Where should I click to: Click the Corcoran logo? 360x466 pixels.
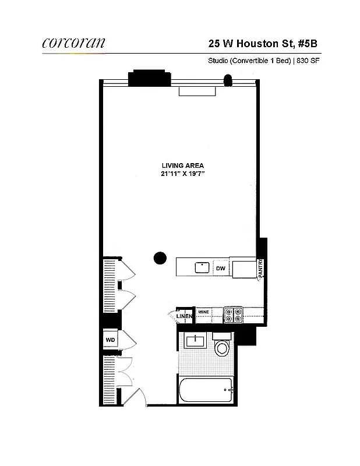coord(73,42)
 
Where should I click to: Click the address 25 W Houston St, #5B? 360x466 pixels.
coord(263,43)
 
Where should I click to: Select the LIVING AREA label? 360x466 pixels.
coord(183,165)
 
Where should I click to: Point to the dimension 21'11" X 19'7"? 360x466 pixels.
coord(183,174)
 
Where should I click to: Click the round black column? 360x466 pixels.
coord(159,258)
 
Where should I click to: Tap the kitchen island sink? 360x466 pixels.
coord(202,267)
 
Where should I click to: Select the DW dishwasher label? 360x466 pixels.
coord(221,268)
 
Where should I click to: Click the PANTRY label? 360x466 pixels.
coord(261,269)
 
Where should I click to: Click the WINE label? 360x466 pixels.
coord(203,312)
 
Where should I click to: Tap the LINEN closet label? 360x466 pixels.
coord(184,317)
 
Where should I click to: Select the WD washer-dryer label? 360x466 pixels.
coord(110,339)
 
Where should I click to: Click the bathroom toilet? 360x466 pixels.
coord(222,347)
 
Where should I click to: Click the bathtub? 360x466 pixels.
coord(207,390)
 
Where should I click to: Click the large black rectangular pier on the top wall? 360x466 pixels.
coord(149,79)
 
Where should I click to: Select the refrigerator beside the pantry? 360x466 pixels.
coord(243,267)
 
